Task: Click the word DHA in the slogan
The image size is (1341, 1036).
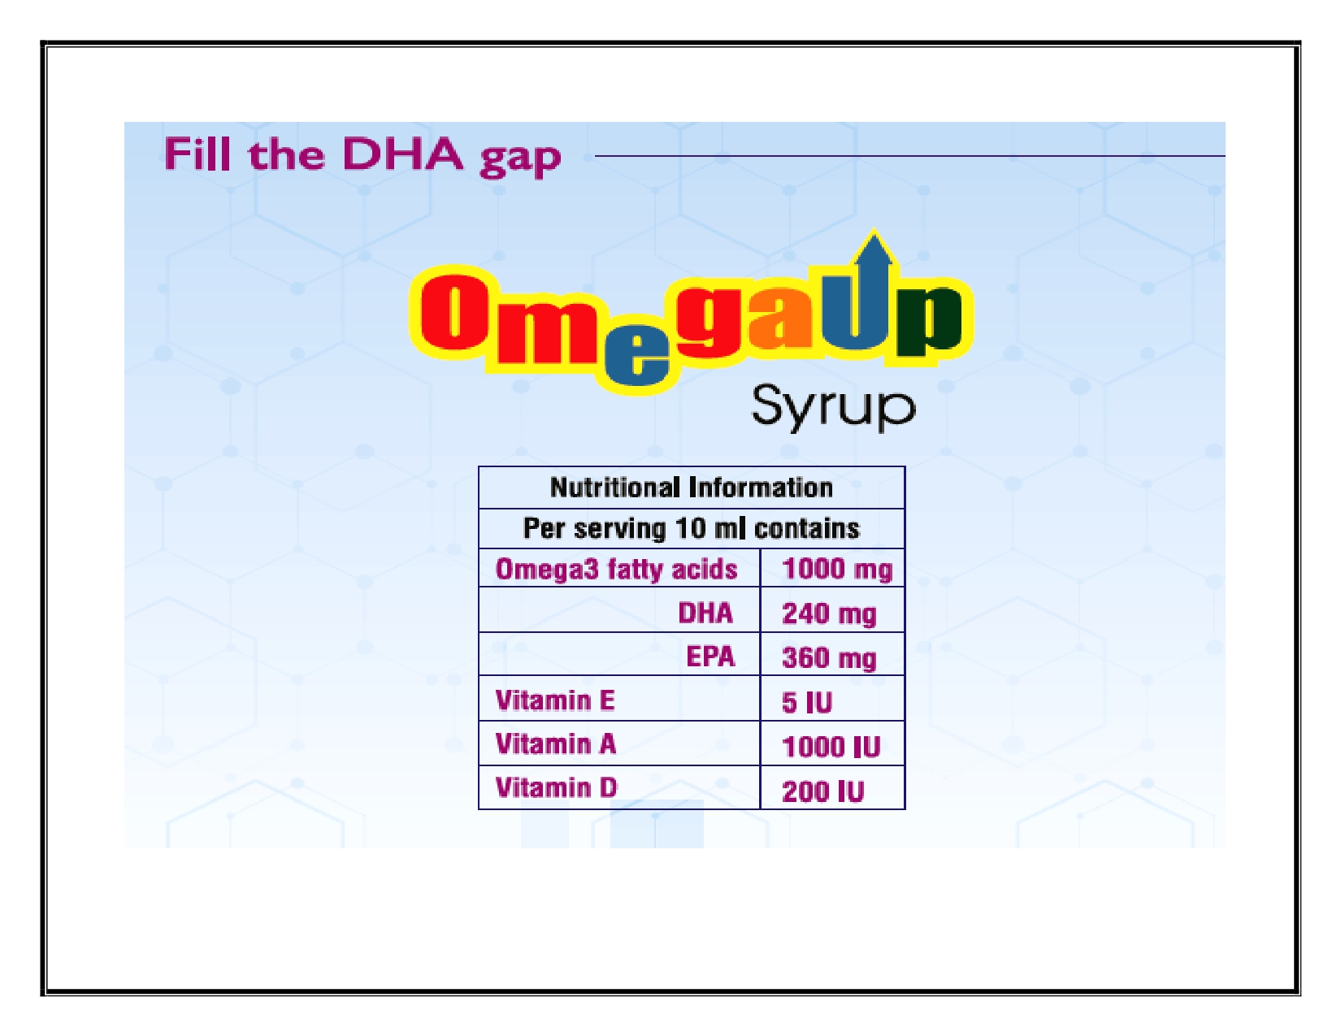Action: (x=401, y=154)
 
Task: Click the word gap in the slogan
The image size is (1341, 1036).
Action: (x=520, y=160)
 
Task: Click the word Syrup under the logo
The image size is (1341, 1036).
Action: (x=833, y=406)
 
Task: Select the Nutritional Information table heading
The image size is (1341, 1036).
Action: (x=691, y=488)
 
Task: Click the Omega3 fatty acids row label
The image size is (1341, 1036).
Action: (x=616, y=569)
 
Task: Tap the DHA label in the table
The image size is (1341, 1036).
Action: (x=705, y=613)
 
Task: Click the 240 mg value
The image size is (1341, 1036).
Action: (x=830, y=614)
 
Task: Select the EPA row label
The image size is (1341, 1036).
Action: (x=710, y=657)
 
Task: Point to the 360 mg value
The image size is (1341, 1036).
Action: (x=830, y=658)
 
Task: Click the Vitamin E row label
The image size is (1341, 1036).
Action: (x=555, y=700)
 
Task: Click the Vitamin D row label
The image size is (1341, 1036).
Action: (x=556, y=788)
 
